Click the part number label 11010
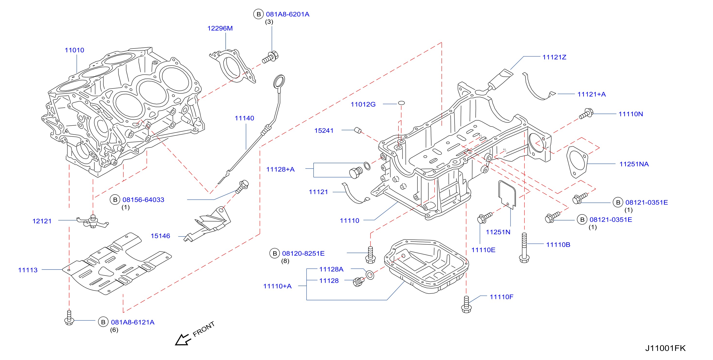pos(74,50)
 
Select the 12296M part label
pos(220,28)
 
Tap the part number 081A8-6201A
pos(288,14)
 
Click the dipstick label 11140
pos(244,118)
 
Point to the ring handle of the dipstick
pos(279,81)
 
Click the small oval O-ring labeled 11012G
pos(401,103)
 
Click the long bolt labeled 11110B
pos(524,248)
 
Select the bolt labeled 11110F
pos(466,304)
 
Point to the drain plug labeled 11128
pos(358,281)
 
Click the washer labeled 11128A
pos(370,275)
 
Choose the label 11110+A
pos(277,286)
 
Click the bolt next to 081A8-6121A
pos(69,318)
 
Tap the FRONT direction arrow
pos(182,340)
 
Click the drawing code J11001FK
pos(665,348)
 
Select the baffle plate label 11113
pos(28,270)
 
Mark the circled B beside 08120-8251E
pos(274,253)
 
